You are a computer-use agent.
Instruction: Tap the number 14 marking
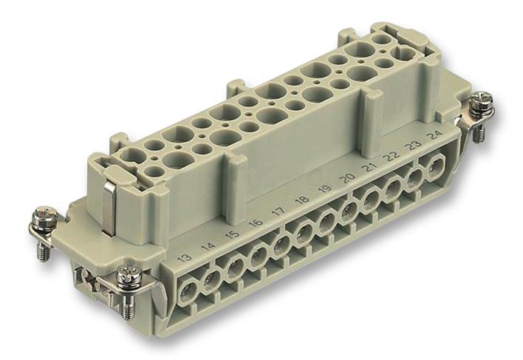(x=209, y=248)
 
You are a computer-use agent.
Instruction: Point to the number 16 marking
(x=256, y=224)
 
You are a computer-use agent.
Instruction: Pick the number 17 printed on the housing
(x=279, y=213)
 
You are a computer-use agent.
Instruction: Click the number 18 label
(x=301, y=202)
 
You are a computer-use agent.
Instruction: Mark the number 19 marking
(x=324, y=191)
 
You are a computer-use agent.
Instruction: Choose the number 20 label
(x=346, y=180)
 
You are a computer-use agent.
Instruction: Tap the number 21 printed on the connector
(x=369, y=169)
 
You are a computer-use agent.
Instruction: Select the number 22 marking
(x=392, y=157)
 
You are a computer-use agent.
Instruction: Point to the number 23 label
(x=414, y=146)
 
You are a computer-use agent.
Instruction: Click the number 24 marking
(x=437, y=136)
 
